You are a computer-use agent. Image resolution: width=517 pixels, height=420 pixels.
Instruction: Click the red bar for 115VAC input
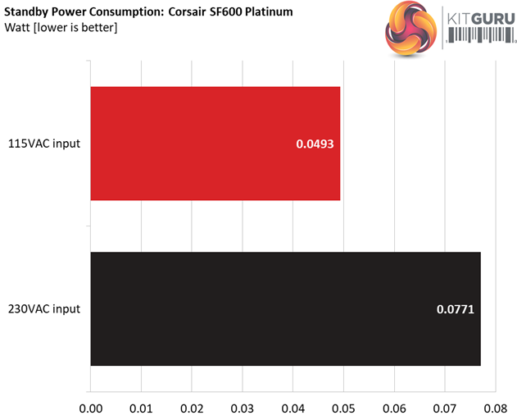click(x=215, y=144)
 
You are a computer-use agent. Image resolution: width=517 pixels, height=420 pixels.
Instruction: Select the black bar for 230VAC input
click(x=285, y=309)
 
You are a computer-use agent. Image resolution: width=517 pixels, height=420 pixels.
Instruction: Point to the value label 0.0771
click(x=456, y=310)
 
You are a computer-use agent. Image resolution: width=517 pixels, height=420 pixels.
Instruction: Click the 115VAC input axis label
click(x=44, y=144)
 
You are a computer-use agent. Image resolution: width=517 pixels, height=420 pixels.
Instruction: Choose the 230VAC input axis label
click(x=44, y=309)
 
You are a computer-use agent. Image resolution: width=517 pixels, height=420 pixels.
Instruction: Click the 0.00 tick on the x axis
click(x=90, y=405)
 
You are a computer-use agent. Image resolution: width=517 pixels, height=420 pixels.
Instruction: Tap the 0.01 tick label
click(x=141, y=405)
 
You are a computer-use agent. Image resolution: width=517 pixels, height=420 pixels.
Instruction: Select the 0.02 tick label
click(x=192, y=405)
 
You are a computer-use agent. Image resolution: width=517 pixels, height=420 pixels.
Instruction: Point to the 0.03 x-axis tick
click(x=243, y=405)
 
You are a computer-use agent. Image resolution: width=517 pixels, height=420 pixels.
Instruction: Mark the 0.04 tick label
click(x=293, y=405)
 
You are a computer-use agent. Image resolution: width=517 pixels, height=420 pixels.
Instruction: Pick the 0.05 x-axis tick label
click(x=344, y=405)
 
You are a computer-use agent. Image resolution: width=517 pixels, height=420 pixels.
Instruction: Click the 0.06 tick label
click(x=395, y=405)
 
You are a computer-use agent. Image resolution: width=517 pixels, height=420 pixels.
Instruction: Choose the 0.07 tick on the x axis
click(x=446, y=405)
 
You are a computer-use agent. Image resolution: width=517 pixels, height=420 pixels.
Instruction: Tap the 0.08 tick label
click(x=496, y=405)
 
